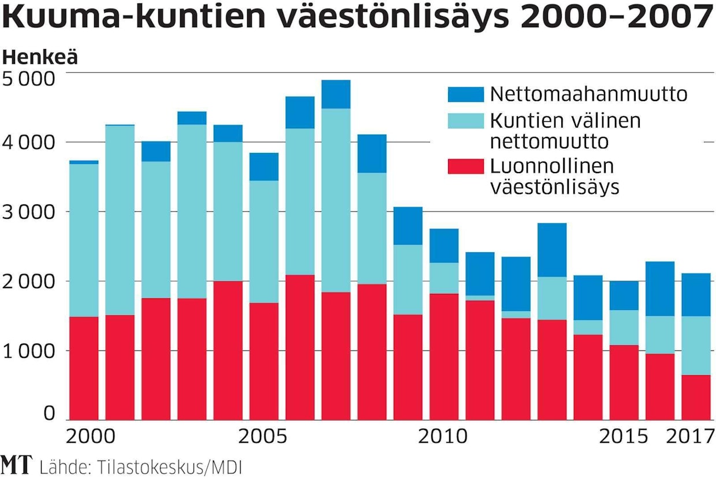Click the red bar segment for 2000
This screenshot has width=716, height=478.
click(84, 368)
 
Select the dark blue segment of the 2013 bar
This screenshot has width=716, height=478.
click(552, 249)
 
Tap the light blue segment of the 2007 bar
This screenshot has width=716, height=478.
click(336, 200)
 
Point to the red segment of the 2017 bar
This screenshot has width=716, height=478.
click(696, 397)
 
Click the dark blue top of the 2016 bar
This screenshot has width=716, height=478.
click(660, 289)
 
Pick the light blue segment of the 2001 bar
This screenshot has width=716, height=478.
click(120, 220)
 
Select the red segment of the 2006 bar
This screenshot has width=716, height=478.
click(300, 347)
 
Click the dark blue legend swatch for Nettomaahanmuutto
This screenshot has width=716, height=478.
click(465, 95)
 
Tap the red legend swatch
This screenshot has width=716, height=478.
click(465, 166)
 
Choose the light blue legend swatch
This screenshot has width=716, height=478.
click(465, 121)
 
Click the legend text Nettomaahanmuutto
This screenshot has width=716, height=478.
click(588, 94)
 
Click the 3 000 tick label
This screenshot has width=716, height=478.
click(29, 211)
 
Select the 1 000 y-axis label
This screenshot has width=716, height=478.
click(29, 350)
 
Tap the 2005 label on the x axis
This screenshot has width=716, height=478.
click(263, 436)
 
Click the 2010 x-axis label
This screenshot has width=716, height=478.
click(443, 436)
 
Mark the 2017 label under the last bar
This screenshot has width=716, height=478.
click(690, 436)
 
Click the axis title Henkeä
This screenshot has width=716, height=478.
click(40, 58)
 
